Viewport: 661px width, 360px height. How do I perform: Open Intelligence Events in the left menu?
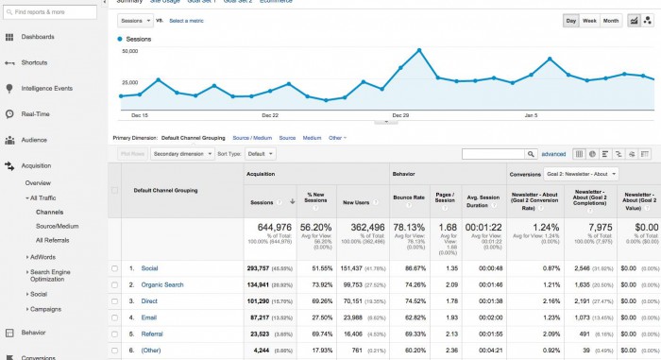click(46, 88)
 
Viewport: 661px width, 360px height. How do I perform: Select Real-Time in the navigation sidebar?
click(35, 113)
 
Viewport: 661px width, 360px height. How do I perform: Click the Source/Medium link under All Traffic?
click(57, 226)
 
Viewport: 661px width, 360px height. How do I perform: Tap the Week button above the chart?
click(589, 20)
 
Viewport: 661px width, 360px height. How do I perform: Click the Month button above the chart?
click(610, 20)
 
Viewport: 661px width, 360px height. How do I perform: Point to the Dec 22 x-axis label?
click(269, 115)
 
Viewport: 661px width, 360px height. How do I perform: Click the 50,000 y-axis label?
click(131, 53)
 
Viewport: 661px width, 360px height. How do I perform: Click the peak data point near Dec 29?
click(418, 50)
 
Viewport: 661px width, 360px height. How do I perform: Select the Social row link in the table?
click(150, 268)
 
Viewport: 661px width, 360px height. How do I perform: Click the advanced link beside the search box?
click(553, 153)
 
